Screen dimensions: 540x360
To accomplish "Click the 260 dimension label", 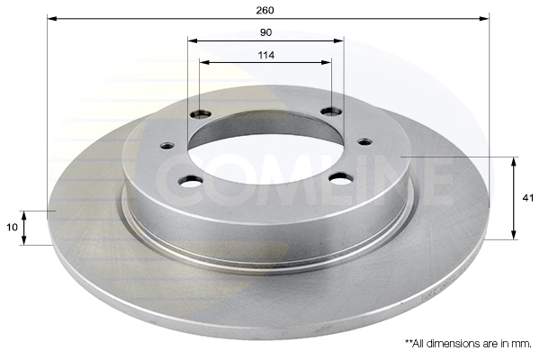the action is pyautogui.click(x=265, y=10).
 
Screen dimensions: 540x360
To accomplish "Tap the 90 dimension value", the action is pyautogui.click(x=265, y=32).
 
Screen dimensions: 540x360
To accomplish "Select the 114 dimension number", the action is pyautogui.click(x=266, y=55).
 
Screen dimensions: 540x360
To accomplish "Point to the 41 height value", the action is pyautogui.click(x=527, y=198).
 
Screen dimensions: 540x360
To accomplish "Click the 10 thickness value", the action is pyautogui.click(x=12, y=228).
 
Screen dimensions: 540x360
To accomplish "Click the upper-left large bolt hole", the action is pyautogui.click(x=201, y=113).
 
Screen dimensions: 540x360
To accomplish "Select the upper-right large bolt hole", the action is pyautogui.click(x=331, y=112).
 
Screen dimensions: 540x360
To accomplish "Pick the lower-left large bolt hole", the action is pyautogui.click(x=191, y=181).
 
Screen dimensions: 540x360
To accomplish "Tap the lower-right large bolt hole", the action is pyautogui.click(x=341, y=178).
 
